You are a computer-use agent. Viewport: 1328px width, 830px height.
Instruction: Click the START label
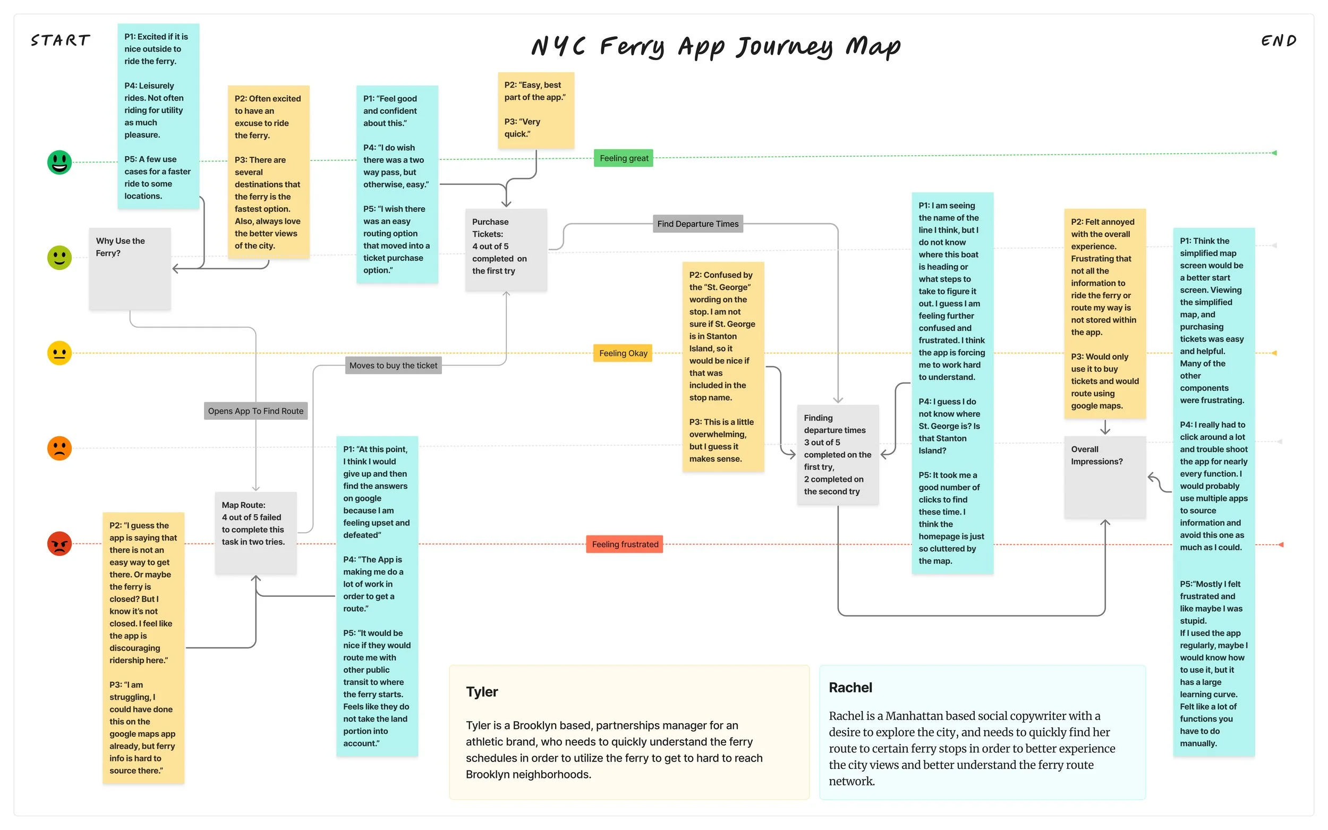[x=61, y=40]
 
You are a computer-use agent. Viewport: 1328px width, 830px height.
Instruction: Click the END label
[x=1278, y=40]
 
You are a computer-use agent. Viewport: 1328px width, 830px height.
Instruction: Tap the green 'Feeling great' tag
[x=624, y=158]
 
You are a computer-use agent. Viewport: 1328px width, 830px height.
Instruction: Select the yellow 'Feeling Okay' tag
[x=623, y=353]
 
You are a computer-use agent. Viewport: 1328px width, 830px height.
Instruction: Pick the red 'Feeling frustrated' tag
[x=625, y=544]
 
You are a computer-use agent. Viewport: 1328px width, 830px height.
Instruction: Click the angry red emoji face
[x=59, y=544]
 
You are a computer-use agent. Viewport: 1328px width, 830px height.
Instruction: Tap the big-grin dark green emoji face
[x=59, y=162]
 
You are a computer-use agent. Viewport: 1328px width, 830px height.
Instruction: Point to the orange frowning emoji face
[x=59, y=448]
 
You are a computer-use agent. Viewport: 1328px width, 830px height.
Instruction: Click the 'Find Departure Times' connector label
[x=697, y=223]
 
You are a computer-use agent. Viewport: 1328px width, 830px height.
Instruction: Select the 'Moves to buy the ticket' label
[x=393, y=365]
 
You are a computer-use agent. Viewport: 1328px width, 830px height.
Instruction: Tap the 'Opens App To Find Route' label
[x=255, y=411]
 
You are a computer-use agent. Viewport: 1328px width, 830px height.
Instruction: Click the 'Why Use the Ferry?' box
[x=130, y=268]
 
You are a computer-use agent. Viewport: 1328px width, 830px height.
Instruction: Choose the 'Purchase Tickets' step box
[x=505, y=249]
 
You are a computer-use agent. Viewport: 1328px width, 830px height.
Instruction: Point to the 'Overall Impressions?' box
[x=1104, y=477]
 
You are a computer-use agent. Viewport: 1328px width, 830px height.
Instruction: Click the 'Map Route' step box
[x=255, y=532]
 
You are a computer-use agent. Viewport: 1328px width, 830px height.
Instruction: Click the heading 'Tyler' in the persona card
[x=482, y=691]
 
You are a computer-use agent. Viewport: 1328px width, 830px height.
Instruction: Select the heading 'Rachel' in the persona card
[x=850, y=687]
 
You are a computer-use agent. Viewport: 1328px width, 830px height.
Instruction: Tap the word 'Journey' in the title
[x=784, y=47]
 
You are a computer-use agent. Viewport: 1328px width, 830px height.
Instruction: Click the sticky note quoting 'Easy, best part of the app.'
[x=535, y=110]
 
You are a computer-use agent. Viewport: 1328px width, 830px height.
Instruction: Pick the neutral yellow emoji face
[x=59, y=353]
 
